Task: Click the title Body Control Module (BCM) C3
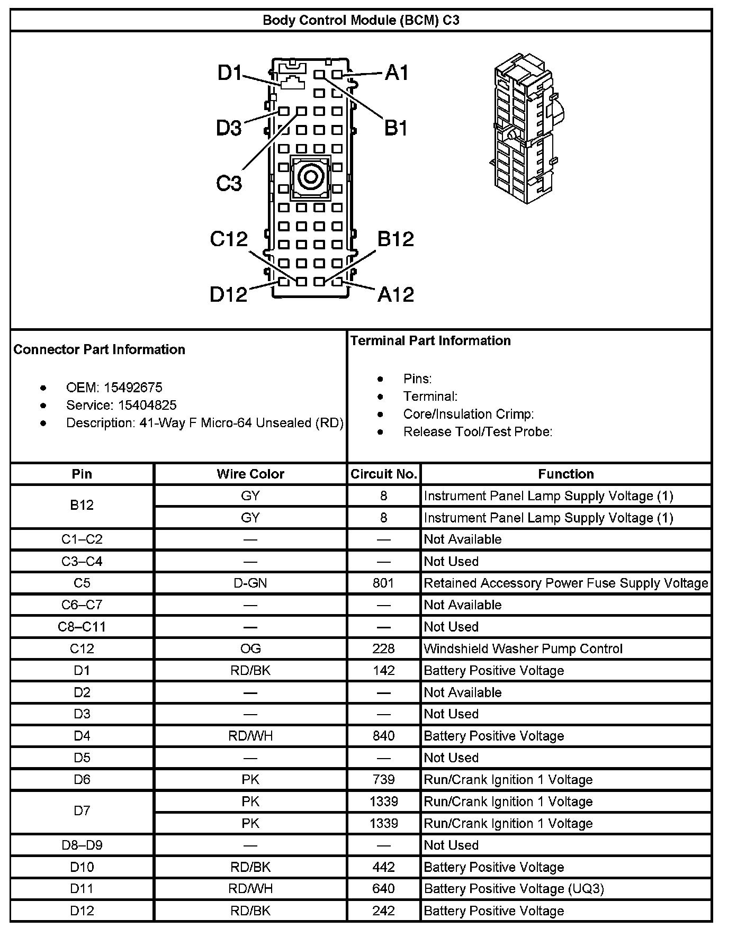[361, 21]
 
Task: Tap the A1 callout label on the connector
[397, 73]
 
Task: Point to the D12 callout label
[229, 294]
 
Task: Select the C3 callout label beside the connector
[229, 183]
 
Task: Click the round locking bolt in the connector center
[310, 177]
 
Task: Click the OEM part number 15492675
[133, 388]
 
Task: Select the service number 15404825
[147, 406]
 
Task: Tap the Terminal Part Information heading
[430, 341]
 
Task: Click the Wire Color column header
[250, 474]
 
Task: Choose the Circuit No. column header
[384, 474]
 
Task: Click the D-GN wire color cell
[250, 583]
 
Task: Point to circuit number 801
[383, 583]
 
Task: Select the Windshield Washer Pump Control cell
[523, 649]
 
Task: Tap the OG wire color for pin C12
[250, 649]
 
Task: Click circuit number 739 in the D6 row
[383, 780]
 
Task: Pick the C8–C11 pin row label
[82, 627]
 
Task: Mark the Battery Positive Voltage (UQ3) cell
[514, 889]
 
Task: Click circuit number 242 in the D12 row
[383, 911]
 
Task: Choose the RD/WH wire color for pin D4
[250, 736]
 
